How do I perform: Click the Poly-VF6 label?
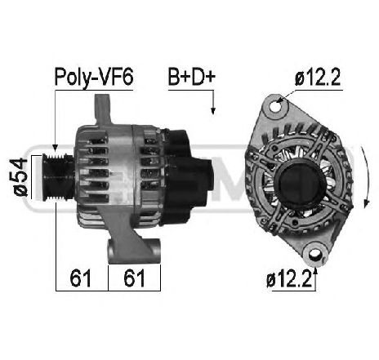click(x=94, y=78)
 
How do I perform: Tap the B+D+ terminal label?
click(x=191, y=77)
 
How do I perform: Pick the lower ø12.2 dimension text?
click(x=289, y=280)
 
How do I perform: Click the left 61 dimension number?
click(x=80, y=278)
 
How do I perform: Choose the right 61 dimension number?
click(x=134, y=278)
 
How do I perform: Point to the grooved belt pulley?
click(x=57, y=178)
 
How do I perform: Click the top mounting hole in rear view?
click(x=275, y=107)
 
